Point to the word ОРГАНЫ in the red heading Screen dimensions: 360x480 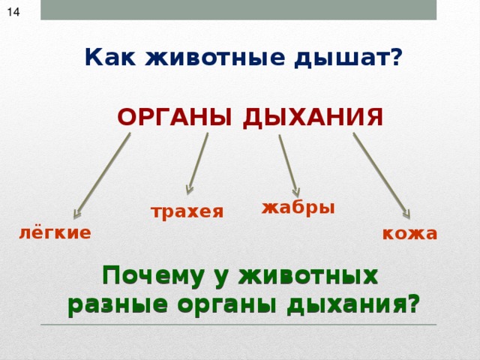pos(175,118)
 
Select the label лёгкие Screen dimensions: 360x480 pos(55,233)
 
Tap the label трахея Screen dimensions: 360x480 pos(187,212)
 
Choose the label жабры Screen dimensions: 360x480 pos(298,208)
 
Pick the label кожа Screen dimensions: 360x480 pos(409,234)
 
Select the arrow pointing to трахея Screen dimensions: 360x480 pos(198,165)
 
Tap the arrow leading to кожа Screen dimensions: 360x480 pos(382,175)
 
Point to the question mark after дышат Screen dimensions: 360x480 pos(396,57)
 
